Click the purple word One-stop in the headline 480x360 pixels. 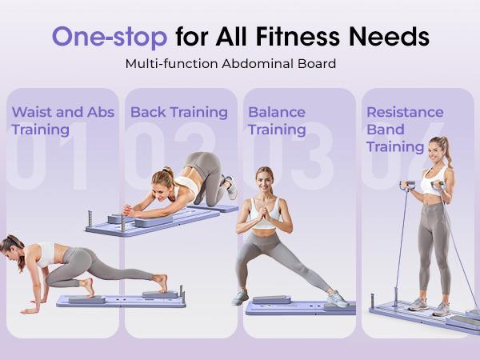(x=109, y=36)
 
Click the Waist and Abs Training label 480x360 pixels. (x=62, y=120)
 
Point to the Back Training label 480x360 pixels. (x=178, y=112)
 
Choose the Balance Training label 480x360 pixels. (x=277, y=120)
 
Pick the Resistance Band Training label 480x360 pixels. (x=405, y=129)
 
